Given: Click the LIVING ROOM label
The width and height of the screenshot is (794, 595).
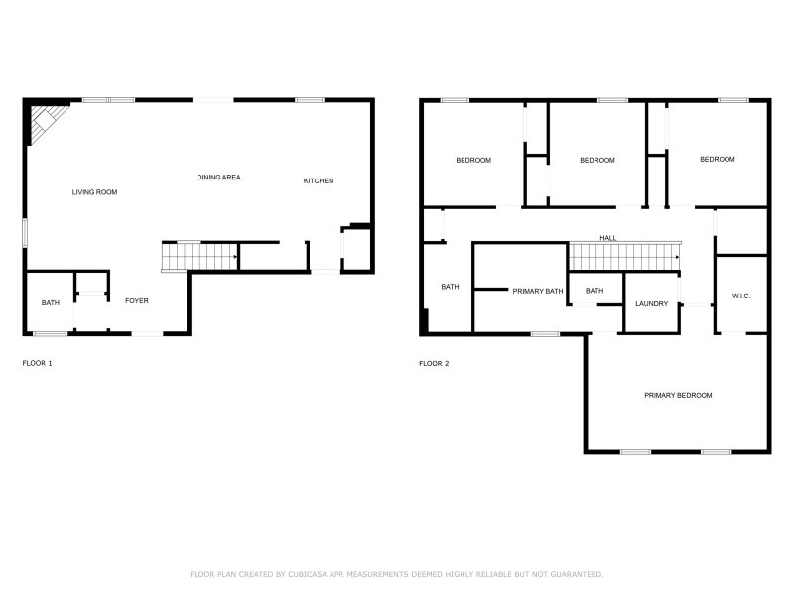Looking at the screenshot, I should tap(94, 192).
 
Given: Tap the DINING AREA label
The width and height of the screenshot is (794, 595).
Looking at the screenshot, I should tap(218, 178).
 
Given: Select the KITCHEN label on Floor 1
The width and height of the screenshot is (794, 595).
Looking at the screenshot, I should tap(318, 180).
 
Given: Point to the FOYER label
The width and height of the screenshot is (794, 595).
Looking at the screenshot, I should tap(136, 300).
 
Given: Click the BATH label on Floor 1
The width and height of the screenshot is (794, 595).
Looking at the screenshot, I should tap(50, 303).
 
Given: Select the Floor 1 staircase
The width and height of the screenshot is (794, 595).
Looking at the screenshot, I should tap(199, 258).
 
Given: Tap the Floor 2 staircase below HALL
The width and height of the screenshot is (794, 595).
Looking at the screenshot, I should tap(622, 257).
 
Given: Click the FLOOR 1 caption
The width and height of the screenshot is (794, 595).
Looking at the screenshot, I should tap(37, 364).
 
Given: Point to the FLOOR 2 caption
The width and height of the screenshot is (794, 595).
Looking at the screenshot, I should tap(434, 364).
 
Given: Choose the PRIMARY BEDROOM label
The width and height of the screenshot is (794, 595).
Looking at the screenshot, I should tap(678, 396).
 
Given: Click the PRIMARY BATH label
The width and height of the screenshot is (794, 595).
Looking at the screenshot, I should tap(537, 291).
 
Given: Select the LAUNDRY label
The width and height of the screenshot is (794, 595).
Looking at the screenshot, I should tap(651, 304).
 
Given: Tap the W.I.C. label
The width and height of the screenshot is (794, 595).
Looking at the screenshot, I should tap(741, 296).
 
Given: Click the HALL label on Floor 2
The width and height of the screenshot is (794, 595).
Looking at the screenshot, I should tap(607, 238).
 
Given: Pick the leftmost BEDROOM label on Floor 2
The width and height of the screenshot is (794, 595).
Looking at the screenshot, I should tap(473, 161).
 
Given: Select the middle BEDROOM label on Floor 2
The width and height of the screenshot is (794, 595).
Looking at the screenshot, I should tap(596, 161).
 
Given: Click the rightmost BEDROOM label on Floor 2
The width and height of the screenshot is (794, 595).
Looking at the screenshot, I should tap(717, 160).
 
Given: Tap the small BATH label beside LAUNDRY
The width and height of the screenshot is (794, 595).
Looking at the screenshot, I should tap(594, 291).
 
